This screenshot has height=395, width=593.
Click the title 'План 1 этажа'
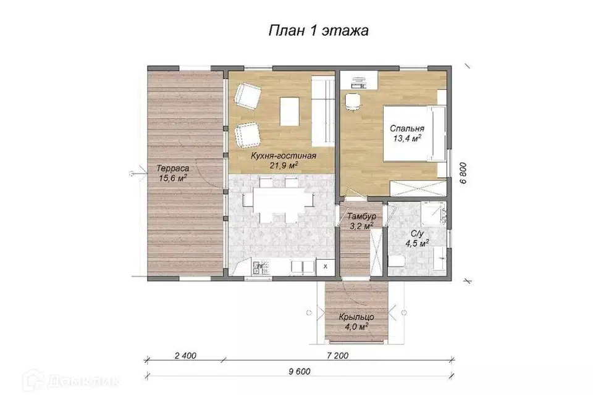319,31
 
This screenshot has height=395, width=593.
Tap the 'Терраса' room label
173,168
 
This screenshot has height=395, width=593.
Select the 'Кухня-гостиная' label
284,156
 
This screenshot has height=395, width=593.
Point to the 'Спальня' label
407,128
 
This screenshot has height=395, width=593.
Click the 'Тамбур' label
361,217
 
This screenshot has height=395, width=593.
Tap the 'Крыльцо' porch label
356,317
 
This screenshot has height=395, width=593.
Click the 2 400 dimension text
185,355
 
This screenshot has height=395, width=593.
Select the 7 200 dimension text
337,355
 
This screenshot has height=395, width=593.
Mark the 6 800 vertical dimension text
463,173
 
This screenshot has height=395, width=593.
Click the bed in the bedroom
414,133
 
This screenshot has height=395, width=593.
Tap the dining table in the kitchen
279,199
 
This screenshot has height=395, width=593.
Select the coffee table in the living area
290,111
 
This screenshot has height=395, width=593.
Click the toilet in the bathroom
397,261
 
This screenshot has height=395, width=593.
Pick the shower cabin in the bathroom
434,213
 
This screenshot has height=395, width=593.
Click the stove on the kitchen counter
261,268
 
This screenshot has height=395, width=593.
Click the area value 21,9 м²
284,165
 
